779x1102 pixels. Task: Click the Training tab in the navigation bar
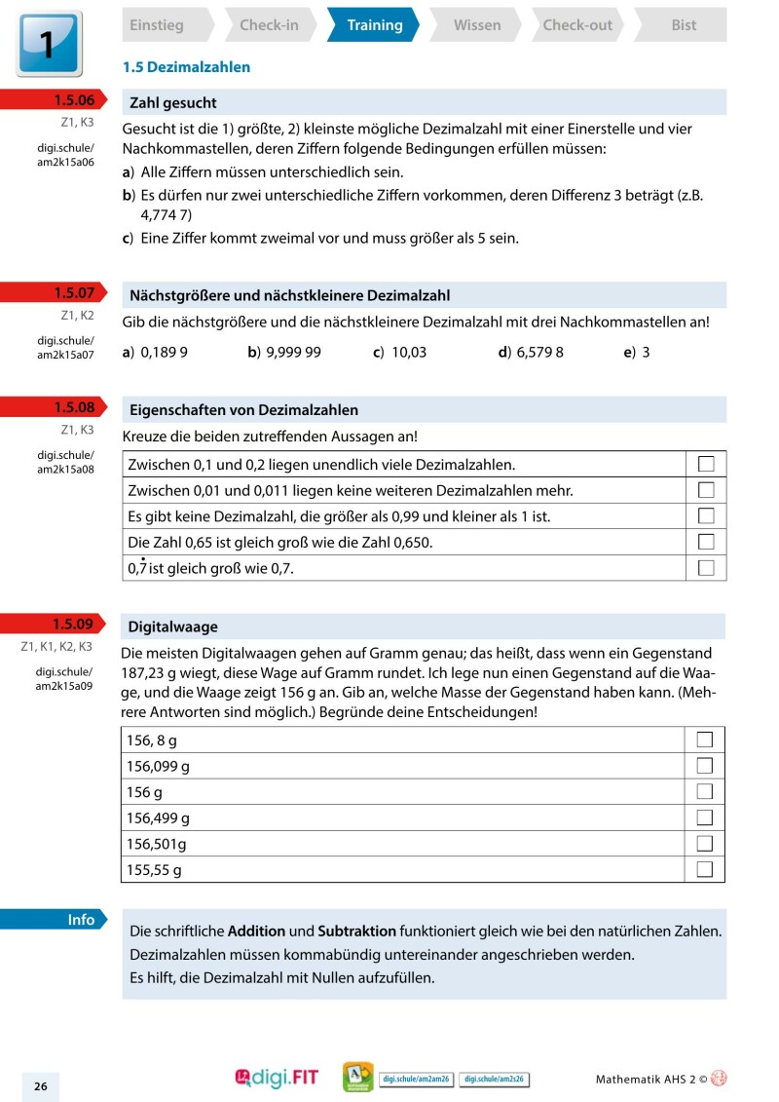point(374,25)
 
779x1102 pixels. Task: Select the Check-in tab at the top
point(269,25)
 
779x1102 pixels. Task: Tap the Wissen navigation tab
point(477,25)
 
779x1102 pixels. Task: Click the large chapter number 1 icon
point(49,44)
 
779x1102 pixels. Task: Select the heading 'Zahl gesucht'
point(173,102)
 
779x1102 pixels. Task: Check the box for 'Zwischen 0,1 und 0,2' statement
point(706,464)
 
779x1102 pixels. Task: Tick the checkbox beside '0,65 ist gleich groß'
point(706,541)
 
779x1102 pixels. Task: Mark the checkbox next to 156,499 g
point(705,817)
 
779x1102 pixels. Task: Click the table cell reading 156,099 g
point(159,766)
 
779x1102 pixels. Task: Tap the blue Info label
point(80,920)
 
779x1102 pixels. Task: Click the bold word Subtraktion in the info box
point(356,931)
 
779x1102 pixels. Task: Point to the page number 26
point(41,1086)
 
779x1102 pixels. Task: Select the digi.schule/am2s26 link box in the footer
point(494,1079)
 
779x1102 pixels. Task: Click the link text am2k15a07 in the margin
point(65,355)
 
